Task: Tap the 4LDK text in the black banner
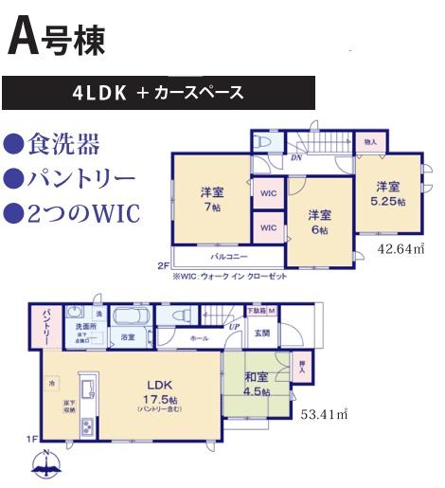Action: click(x=98, y=93)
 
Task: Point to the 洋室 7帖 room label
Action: click(x=210, y=199)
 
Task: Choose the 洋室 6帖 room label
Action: click(x=319, y=222)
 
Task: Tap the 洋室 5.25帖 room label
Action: click(x=387, y=193)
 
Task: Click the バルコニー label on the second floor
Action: click(x=229, y=256)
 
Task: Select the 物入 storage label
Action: click(x=370, y=142)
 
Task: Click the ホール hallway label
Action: click(x=200, y=336)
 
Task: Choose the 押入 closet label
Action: click(x=300, y=366)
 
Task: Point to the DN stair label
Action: click(x=296, y=159)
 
